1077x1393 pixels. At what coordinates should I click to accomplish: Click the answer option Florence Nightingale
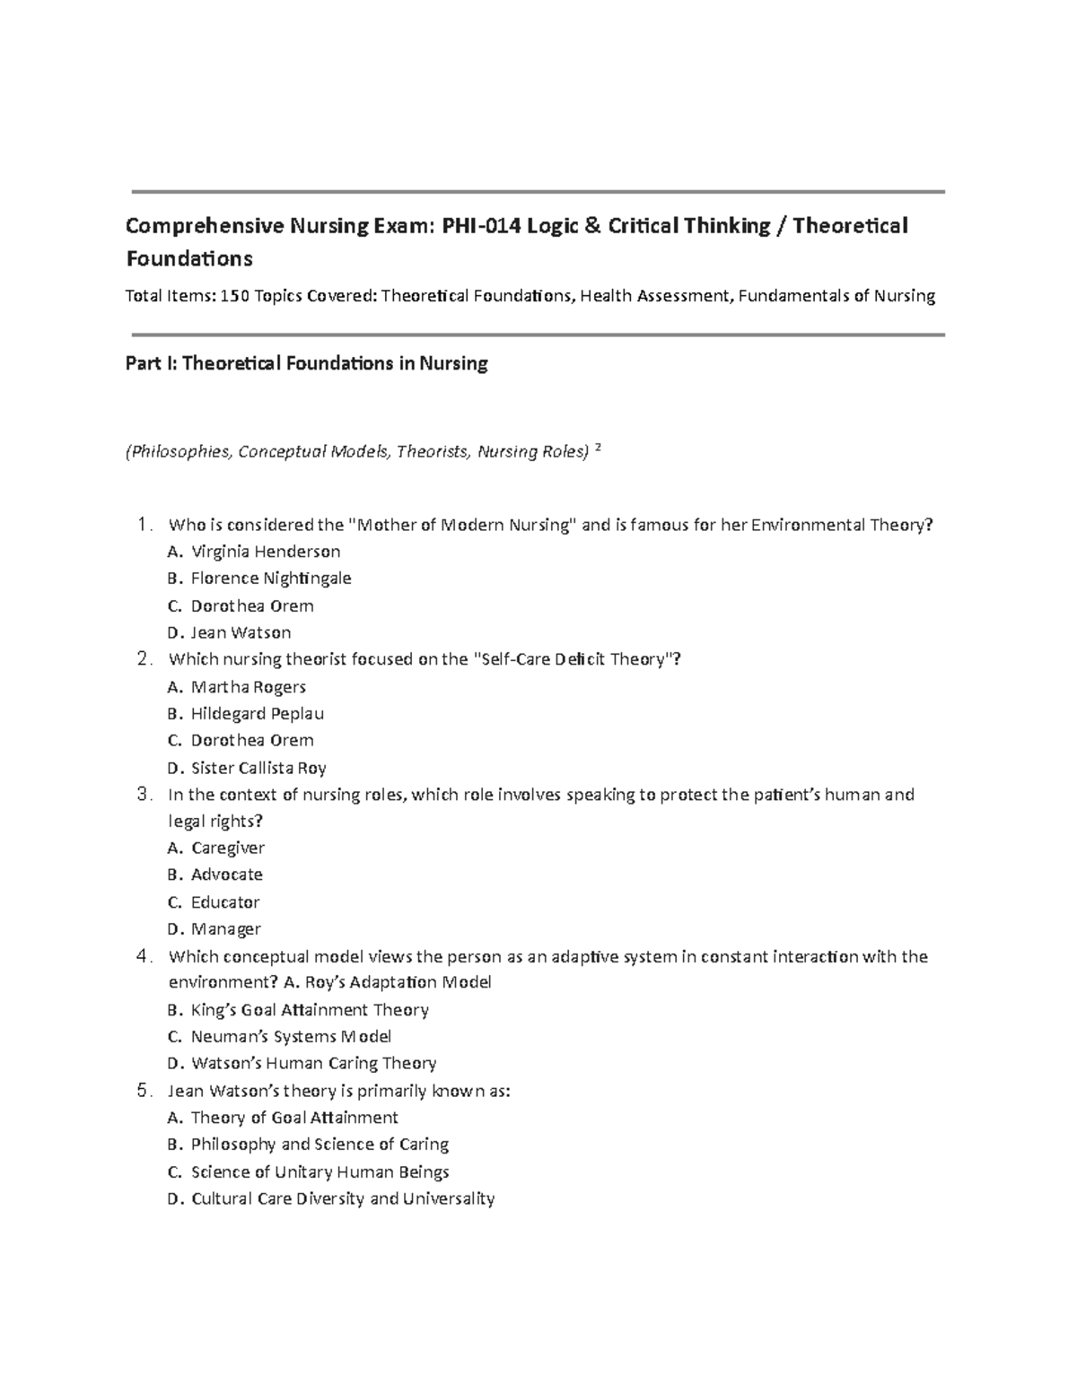coord(270,579)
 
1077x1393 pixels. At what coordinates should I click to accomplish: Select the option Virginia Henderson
coord(266,552)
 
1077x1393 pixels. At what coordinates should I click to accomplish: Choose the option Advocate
coord(226,875)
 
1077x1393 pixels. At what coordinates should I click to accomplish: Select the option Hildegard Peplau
coord(257,714)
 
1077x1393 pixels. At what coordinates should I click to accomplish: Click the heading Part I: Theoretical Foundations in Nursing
coord(307,363)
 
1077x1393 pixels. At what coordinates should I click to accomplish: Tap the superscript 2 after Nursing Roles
coord(599,448)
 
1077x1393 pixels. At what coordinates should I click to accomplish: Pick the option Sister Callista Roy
coord(258,768)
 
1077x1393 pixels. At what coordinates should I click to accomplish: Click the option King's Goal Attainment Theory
coord(310,1010)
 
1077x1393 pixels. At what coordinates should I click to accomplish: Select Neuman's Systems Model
coord(291,1037)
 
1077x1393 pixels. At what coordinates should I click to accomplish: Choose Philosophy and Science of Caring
coord(320,1145)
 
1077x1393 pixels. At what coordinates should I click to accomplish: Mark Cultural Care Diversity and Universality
coord(342,1198)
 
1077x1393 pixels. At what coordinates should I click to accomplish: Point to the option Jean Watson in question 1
coord(241,632)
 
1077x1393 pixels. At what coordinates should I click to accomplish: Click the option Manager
coord(225,929)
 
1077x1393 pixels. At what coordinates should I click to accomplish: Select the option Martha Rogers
coord(248,687)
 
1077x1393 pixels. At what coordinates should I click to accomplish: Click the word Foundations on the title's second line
coord(189,259)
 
